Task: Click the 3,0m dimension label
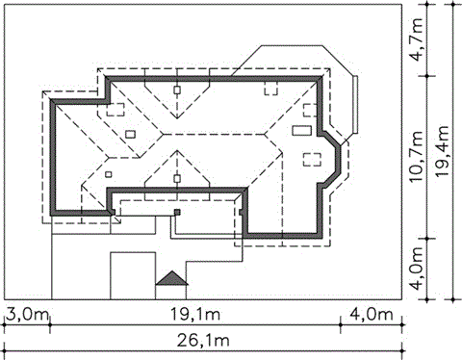click(27, 315)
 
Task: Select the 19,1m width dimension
click(195, 315)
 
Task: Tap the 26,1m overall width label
click(203, 341)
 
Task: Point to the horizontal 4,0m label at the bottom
click(372, 315)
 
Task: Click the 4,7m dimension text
click(418, 40)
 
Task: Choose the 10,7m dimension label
click(418, 158)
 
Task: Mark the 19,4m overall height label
click(443, 151)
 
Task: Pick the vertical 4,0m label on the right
click(418, 269)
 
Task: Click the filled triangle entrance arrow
click(172, 278)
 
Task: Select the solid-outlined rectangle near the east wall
click(302, 130)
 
